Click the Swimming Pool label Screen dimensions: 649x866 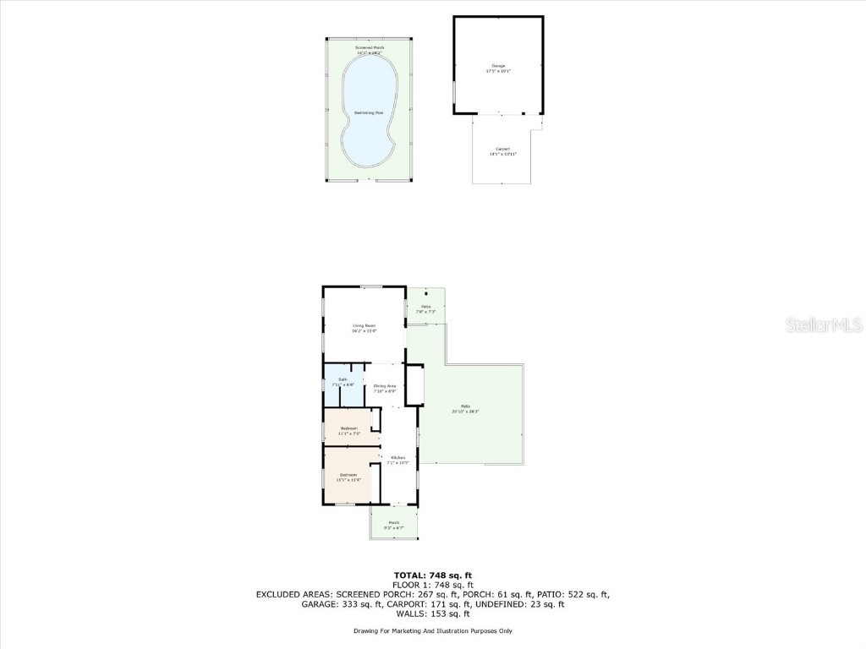point(368,113)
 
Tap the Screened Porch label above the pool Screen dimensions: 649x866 point(370,47)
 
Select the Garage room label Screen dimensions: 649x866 point(498,65)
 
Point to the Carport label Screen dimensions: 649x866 point(502,149)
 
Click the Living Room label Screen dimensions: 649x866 point(364,325)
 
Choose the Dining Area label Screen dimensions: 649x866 point(385,386)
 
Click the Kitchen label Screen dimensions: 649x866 point(397,458)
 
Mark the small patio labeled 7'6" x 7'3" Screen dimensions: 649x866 point(426,308)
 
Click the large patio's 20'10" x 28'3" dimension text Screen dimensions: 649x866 point(466,412)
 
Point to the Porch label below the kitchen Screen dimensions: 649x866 point(393,523)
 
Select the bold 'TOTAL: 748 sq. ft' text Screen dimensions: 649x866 point(432,575)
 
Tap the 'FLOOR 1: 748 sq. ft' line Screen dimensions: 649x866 point(432,585)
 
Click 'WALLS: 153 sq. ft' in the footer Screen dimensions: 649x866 point(432,614)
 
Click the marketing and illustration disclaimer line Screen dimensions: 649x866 point(432,631)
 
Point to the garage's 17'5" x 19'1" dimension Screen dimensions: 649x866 point(498,71)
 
